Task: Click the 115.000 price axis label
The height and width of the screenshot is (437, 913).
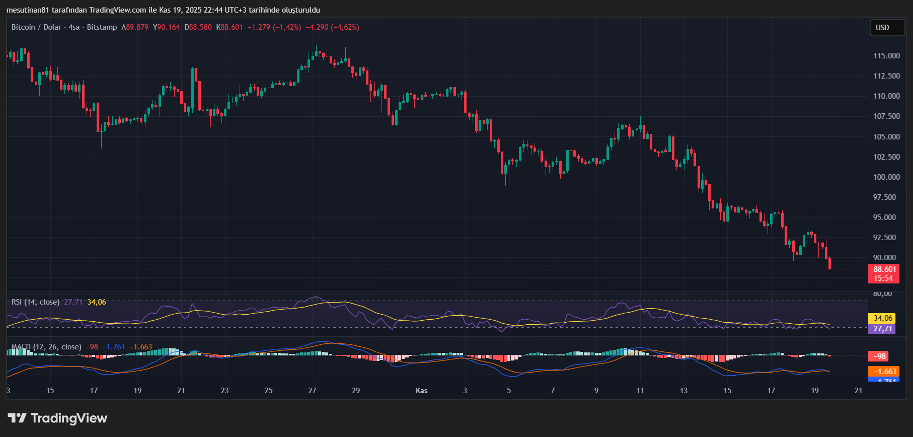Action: (886, 56)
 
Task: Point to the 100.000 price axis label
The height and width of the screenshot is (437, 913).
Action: (886, 177)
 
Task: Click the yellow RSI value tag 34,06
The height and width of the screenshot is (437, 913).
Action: (883, 318)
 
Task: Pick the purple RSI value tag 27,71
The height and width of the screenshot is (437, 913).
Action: (883, 329)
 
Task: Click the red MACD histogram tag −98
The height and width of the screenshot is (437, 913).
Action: (879, 356)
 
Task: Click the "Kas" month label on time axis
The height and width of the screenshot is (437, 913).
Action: (421, 391)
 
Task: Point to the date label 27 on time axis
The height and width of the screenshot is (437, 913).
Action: (312, 391)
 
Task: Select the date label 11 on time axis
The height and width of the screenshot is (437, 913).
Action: (640, 391)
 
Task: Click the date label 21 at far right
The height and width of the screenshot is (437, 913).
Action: (858, 391)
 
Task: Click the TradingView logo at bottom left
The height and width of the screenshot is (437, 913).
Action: (57, 418)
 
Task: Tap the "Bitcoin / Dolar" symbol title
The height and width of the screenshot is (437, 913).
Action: (36, 27)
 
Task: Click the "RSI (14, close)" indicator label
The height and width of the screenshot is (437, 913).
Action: (35, 302)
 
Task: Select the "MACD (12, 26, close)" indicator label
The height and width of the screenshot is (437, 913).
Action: (46, 347)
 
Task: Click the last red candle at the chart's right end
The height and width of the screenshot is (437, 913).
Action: (829, 263)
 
